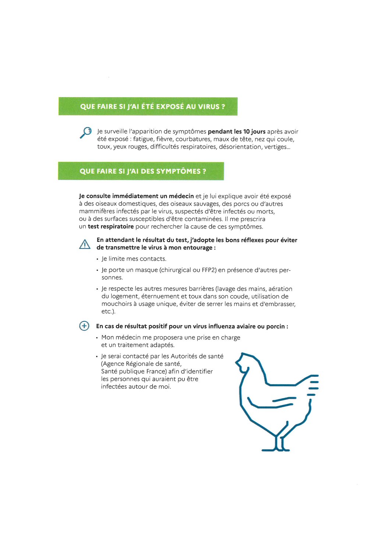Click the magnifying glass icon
(86, 132)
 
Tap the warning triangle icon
(85, 244)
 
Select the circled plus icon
(84, 326)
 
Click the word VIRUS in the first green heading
(209, 106)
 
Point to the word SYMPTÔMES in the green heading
(178, 171)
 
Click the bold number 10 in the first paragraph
(246, 131)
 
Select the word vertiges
(276, 147)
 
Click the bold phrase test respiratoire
(110, 226)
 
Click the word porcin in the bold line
(275, 326)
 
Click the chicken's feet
(276, 448)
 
